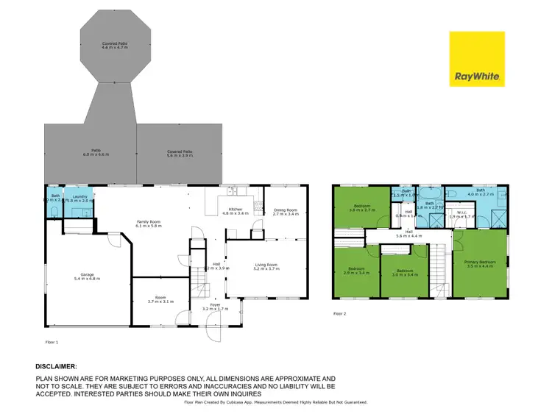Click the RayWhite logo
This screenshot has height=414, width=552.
coord(477,59)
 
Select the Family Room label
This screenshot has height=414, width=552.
coord(148,223)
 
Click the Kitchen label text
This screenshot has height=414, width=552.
coord(236,211)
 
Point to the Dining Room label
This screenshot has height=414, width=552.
coord(285,211)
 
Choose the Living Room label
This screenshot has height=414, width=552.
coord(266,266)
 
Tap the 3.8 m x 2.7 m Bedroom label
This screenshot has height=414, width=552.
coord(362,207)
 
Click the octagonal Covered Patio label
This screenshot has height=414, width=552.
coord(115,46)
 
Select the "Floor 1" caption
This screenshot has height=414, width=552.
coord(52,342)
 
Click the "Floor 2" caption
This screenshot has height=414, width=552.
coord(339,314)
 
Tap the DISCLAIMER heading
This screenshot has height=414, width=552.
coord(55,365)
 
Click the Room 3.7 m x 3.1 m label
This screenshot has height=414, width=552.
coord(159,299)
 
